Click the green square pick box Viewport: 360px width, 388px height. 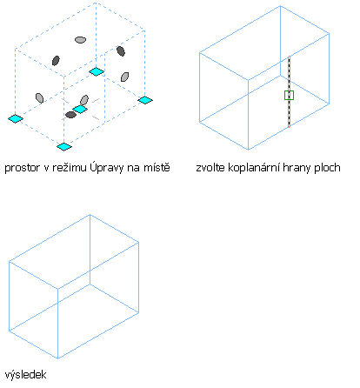pyautogui.click(x=289, y=95)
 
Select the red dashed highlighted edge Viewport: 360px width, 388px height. pyautogui.click(x=289, y=91)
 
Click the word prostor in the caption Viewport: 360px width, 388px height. pyautogui.click(x=23, y=168)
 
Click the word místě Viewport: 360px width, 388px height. pyautogui.click(x=157, y=167)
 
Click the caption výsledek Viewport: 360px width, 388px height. pyautogui.click(x=25, y=375)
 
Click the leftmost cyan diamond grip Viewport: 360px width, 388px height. pyautogui.click(x=16, y=118)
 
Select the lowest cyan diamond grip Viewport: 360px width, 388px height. pyautogui.click(x=64, y=147)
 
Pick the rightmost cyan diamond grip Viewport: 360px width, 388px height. pyautogui.click(x=145, y=100)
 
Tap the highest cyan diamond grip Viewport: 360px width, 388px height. pyautogui.click(x=97, y=71)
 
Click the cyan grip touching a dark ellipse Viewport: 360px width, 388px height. pyautogui.click(x=80, y=110)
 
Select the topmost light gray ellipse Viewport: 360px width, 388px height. pyautogui.click(x=80, y=40)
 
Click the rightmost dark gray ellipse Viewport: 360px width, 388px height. pyautogui.click(x=121, y=51)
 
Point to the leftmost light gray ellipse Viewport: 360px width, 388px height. pyautogui.click(x=39, y=98)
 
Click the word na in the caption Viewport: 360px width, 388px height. pyautogui.click(x=134, y=168)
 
